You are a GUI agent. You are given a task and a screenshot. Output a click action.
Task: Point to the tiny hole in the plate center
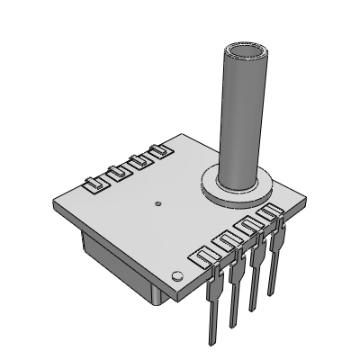[157, 204]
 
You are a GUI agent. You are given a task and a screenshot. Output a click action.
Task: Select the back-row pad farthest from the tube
[93, 186]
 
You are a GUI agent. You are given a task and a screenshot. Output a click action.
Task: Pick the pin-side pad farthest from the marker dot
[267, 214]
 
